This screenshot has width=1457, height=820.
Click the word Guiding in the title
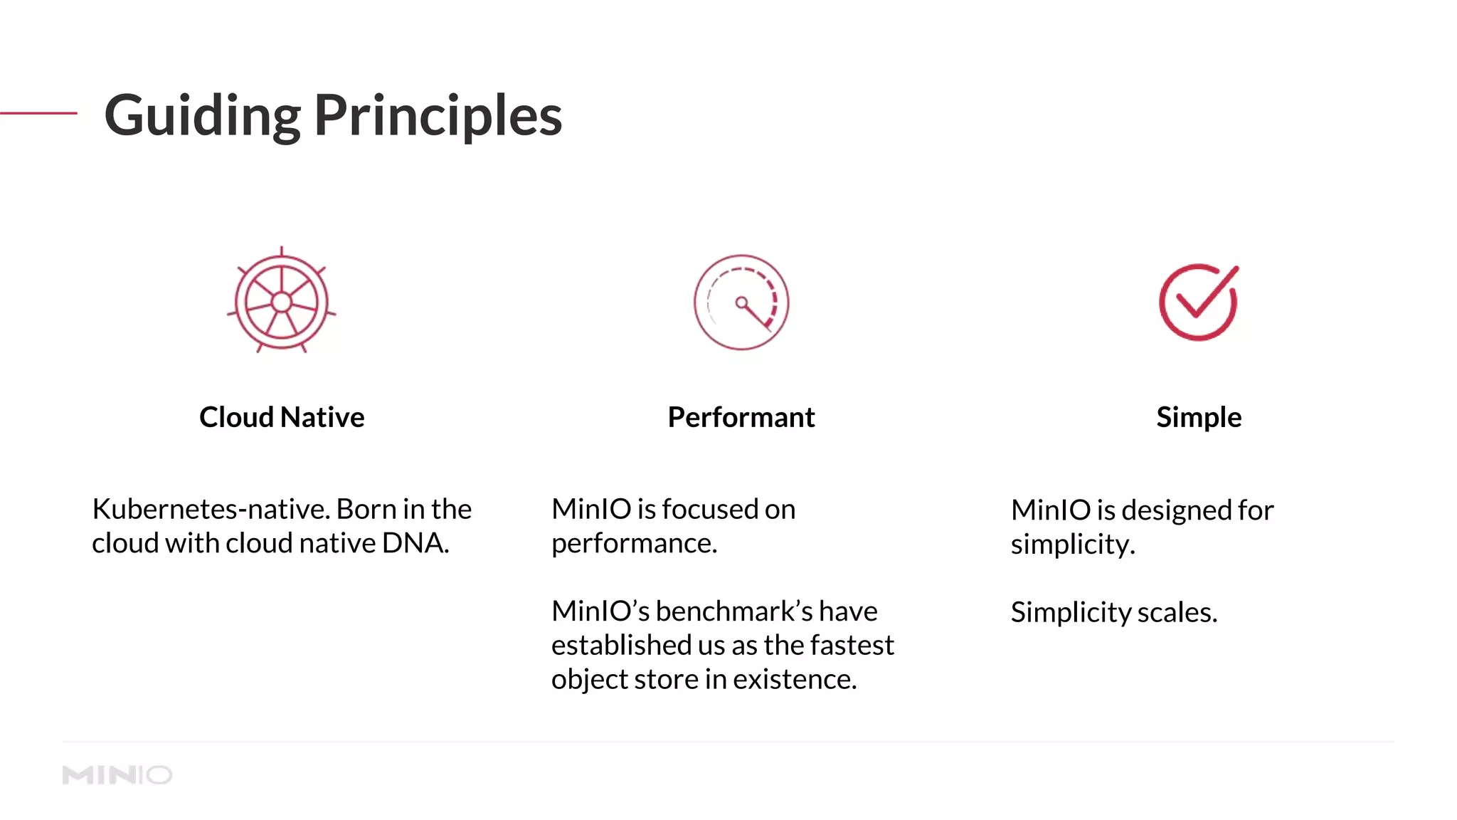click(202, 115)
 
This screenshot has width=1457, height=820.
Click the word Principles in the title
click(438, 115)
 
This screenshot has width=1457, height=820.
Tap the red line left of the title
click(38, 113)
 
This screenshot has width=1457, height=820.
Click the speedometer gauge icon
click(741, 303)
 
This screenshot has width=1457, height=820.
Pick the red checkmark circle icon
click(1199, 303)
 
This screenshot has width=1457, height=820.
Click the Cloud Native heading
click(282, 417)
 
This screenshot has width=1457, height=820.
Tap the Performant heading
click(741, 417)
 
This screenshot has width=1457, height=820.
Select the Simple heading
click(1199, 417)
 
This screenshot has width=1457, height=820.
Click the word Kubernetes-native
click(210, 510)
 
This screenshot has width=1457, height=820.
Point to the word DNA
click(415, 544)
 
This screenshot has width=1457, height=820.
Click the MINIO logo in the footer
click(117, 775)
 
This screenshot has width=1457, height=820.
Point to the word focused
click(709, 510)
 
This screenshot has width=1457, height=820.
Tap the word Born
click(366, 510)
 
